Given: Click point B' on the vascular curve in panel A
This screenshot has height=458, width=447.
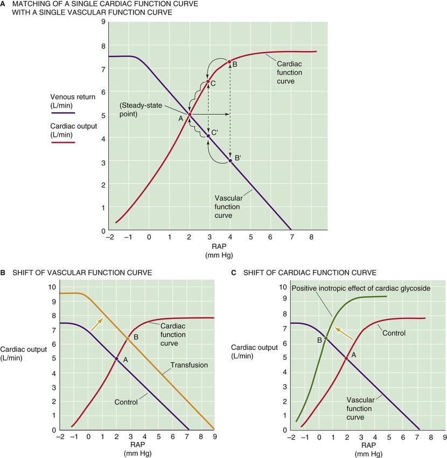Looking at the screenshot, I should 231,161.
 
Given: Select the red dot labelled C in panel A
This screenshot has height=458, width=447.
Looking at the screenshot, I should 208,82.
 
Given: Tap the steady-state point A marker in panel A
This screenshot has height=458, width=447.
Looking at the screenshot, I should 189,114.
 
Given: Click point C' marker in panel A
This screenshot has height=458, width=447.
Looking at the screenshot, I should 208,136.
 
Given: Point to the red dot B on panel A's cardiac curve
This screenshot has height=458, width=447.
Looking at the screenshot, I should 229,62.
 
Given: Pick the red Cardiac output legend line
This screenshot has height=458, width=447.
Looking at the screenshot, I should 63,143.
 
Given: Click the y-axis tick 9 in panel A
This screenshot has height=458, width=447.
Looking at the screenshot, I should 103,23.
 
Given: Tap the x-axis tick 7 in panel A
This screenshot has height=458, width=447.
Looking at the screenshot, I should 291,237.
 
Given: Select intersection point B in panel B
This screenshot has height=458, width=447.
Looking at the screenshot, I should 128,338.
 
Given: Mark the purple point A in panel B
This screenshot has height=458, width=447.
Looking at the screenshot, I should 116,358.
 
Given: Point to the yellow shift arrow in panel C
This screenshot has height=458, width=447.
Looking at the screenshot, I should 344,333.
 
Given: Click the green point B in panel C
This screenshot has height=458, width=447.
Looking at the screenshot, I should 326,338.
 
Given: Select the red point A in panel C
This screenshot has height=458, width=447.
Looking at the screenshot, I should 346,358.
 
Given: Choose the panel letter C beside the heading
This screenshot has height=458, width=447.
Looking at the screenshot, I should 233,273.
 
